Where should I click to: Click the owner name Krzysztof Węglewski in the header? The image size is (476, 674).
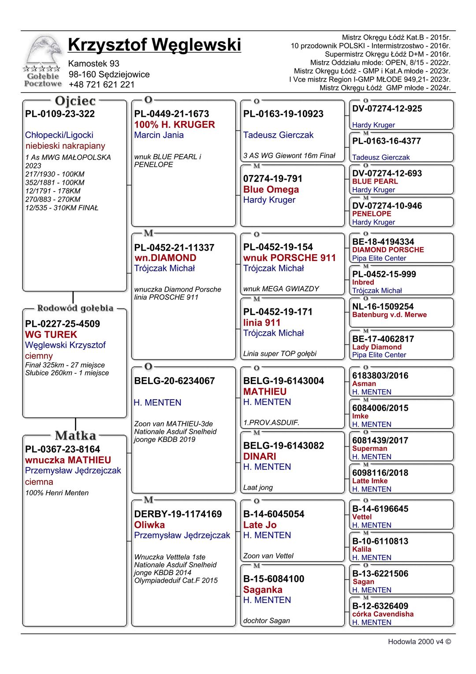tap(154, 45)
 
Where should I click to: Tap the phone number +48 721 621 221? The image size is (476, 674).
tap(102, 85)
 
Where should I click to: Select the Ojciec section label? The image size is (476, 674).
tap(75, 101)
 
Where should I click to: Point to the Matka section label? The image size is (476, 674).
tap(75, 436)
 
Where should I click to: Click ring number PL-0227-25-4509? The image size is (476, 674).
tap(63, 324)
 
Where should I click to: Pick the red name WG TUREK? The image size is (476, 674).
tap(51, 334)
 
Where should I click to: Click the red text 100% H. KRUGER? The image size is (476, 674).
tap(175, 124)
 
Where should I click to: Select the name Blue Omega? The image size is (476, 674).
tap(271, 189)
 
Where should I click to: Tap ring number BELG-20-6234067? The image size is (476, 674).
tap(175, 381)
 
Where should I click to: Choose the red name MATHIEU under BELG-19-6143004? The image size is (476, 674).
tap(265, 391)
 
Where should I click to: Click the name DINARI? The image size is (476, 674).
tap(260, 456)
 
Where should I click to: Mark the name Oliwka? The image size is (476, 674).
tap(149, 524)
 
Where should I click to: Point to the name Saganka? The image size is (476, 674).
tap(263, 589)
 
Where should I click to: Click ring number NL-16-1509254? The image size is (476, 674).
tap(383, 307)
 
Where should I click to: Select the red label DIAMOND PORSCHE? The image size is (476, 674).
tap(388, 250)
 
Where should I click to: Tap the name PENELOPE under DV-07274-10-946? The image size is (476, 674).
tap(372, 213)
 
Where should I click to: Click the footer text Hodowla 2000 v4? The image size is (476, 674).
tap(419, 642)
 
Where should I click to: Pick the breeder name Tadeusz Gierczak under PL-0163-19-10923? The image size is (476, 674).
tap(278, 135)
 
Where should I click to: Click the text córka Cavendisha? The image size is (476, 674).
tap(383, 614)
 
